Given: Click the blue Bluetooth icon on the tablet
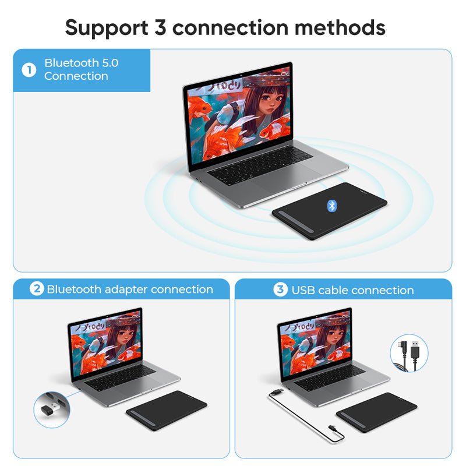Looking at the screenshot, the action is (x=331, y=206).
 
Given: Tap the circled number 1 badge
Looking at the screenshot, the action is (x=29, y=70).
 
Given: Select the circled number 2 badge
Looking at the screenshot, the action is (x=37, y=288).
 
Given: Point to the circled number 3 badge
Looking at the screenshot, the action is (x=280, y=289).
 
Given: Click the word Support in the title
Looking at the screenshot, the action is (x=107, y=29).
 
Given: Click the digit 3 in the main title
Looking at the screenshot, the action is (x=160, y=27).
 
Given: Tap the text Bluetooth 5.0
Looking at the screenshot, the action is (x=82, y=63).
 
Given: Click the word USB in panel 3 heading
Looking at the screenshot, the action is (x=303, y=290).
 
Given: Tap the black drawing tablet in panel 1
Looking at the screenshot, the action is (x=330, y=211).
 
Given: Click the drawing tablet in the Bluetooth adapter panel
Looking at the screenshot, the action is (x=167, y=411).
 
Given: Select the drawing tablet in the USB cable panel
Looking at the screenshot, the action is (x=376, y=412).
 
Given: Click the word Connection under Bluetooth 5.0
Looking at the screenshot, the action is (x=76, y=76).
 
